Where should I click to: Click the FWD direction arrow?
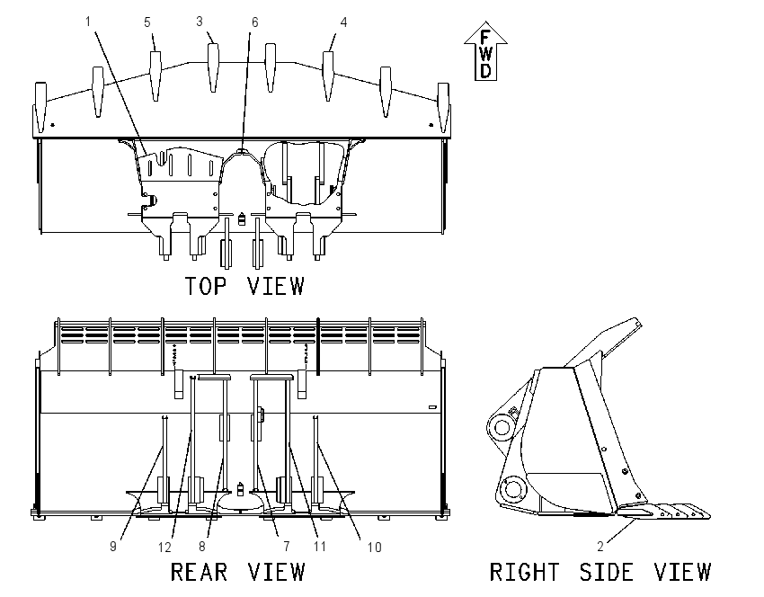coord(485,51)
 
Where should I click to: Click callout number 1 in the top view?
coord(88,22)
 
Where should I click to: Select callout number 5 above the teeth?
coord(147,22)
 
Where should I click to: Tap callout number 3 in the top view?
coord(200,22)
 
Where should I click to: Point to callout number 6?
coord(255,22)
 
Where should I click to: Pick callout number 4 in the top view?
coord(343,22)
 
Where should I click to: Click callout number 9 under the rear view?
coord(113,547)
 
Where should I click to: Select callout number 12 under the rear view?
coord(164,548)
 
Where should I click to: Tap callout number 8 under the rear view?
coord(202,547)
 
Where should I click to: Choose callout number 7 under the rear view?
coord(287,547)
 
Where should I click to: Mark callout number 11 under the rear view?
coord(320,547)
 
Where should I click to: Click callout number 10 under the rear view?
coord(374,548)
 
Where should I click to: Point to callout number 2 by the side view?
coord(600,547)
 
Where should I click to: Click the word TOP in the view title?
coord(206,286)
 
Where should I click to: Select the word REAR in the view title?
coord(199,572)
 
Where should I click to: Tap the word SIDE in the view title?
coord(607,572)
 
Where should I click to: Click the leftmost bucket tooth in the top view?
coord(41,107)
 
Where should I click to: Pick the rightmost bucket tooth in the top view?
coord(443,107)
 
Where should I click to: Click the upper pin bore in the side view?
coord(502,428)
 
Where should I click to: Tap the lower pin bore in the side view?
coord(512,489)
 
